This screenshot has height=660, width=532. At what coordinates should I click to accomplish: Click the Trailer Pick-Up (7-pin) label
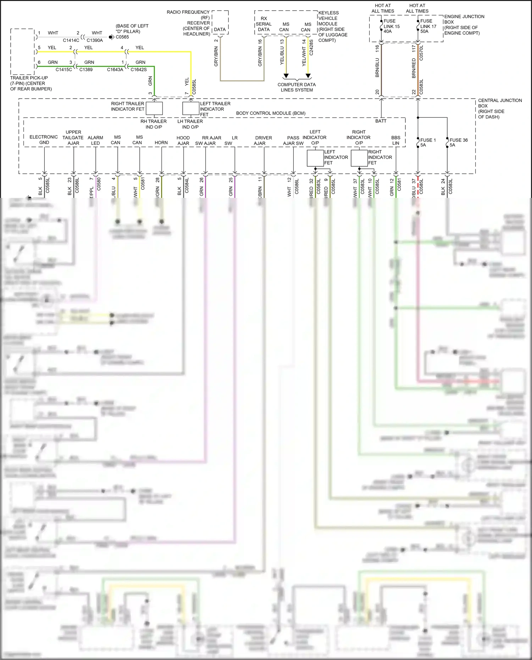coord(31,83)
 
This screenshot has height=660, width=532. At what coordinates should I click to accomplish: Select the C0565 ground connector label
coord(122,37)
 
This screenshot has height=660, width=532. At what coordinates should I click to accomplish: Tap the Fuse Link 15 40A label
coord(391,26)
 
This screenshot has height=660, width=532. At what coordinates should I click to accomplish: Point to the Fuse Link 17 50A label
coord(428,26)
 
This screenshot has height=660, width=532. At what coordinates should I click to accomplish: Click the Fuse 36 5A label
coord(458,142)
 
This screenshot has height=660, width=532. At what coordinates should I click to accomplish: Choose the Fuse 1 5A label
coord(428,142)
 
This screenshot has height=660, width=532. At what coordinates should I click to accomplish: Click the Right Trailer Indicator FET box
coord(154,108)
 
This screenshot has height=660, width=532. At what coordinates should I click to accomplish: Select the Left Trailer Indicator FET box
coord(191,108)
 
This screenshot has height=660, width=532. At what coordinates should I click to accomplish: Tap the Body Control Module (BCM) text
coord(271,113)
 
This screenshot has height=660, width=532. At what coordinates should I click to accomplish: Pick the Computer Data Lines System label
coord(297,87)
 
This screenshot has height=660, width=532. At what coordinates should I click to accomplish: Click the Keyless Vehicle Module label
coord(332,26)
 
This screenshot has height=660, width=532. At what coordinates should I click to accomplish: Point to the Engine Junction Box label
coord(464,24)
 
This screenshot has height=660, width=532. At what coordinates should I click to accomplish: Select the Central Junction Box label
coord(499,108)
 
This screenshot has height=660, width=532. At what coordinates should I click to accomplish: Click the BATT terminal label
coord(381,121)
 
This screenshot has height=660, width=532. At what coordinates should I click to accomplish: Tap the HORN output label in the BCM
coord(161,143)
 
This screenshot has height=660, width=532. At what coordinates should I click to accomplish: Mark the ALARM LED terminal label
coord(95,140)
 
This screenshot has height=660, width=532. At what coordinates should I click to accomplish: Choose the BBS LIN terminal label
coord(395,140)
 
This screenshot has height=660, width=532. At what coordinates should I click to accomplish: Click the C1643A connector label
coord(115,70)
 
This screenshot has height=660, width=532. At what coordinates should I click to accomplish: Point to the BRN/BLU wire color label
coord(377,68)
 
